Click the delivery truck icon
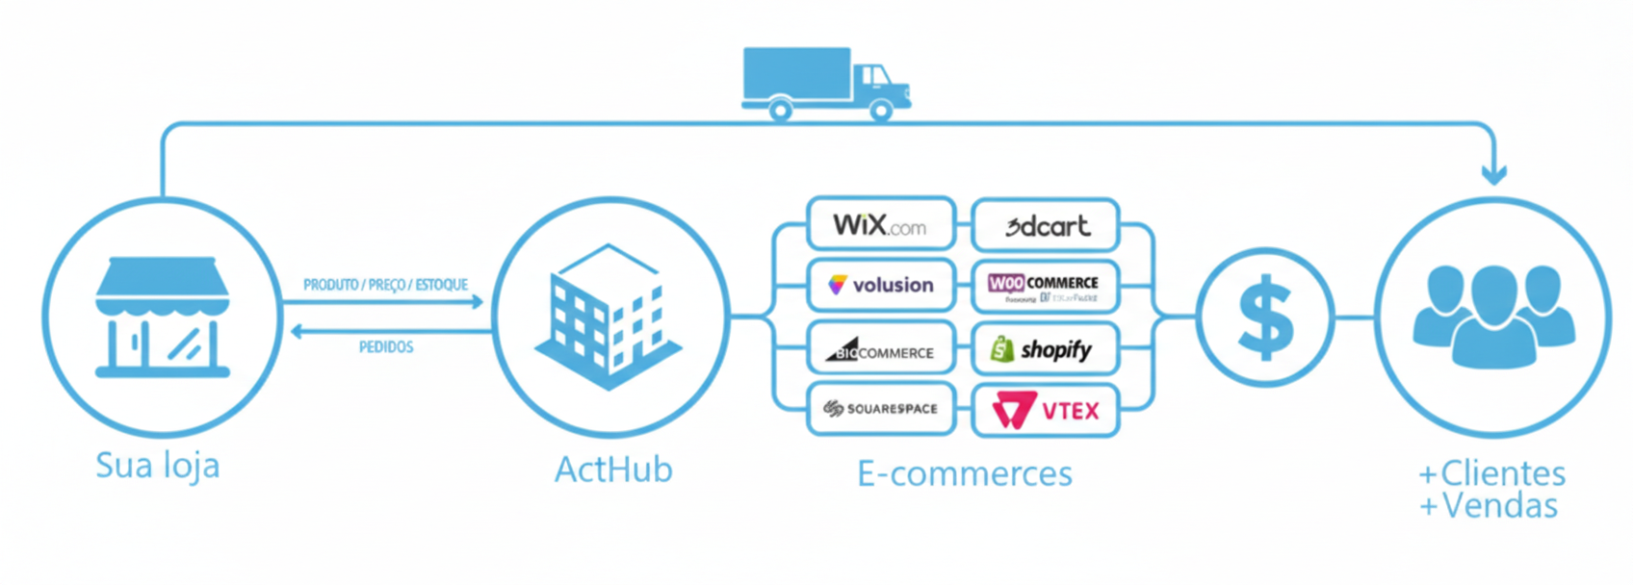click(825, 83)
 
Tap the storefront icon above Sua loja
click(162, 317)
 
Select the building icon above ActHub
click(609, 318)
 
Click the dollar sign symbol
click(1264, 317)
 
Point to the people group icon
click(1492, 317)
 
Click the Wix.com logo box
click(881, 224)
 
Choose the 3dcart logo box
click(1046, 225)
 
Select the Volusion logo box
click(881, 285)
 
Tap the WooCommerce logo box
click(1046, 286)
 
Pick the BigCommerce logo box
click(881, 349)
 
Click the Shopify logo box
click(1046, 349)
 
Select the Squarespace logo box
click(881, 409)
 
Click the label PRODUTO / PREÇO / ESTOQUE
click(385, 285)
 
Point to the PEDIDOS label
click(386, 347)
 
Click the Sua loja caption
click(158, 466)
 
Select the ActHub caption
click(613, 470)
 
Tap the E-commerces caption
click(965, 473)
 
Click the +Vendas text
click(1489, 506)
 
